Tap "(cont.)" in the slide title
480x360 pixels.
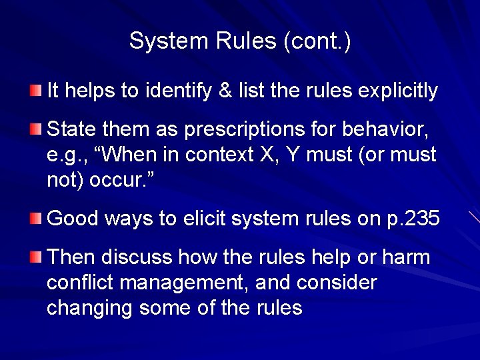(317, 41)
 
